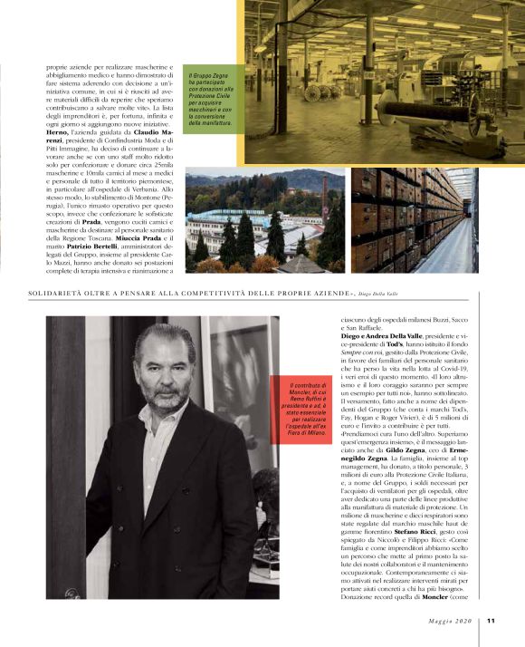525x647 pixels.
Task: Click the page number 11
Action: click(490, 621)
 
